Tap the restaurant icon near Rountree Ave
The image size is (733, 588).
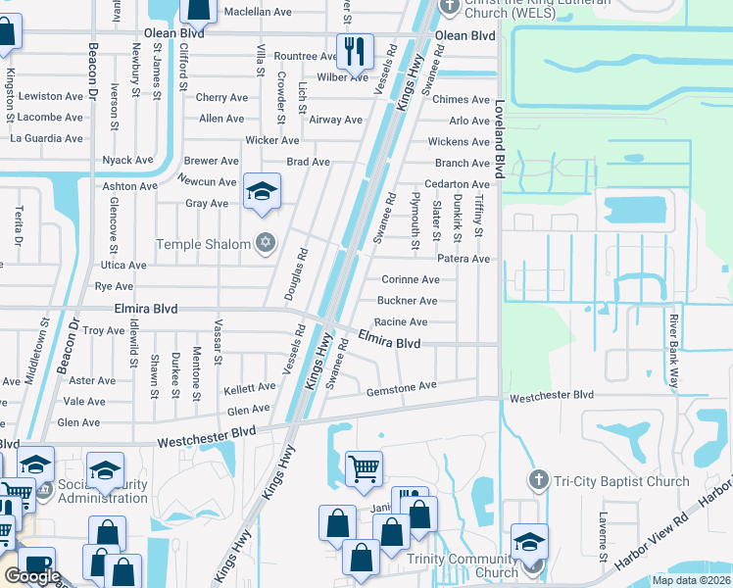coord(354,51)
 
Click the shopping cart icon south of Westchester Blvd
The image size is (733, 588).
coord(364,468)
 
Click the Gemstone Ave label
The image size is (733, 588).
coord(400,388)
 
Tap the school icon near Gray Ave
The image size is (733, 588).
coord(262,191)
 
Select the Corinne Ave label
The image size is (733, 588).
coord(410,279)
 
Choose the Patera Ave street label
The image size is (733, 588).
coord(463,259)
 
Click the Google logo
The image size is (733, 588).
coord(32,576)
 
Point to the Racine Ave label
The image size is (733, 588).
coord(401,321)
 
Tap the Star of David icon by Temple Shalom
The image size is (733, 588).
coord(265,243)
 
